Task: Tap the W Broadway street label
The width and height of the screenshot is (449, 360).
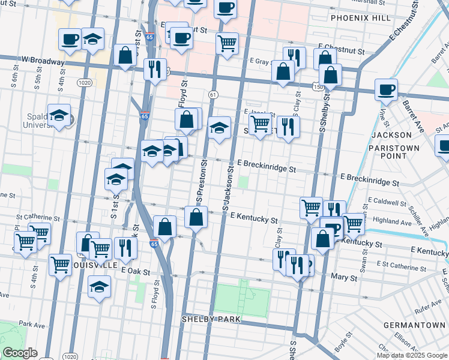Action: point(42,61)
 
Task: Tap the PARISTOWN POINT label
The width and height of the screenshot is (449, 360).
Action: point(391,151)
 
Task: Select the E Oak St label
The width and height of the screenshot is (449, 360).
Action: point(135,271)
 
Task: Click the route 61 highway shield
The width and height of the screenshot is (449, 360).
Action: point(213,94)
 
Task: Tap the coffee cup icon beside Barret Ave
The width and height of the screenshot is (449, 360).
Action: point(386,89)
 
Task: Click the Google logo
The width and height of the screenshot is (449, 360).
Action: point(20,353)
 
